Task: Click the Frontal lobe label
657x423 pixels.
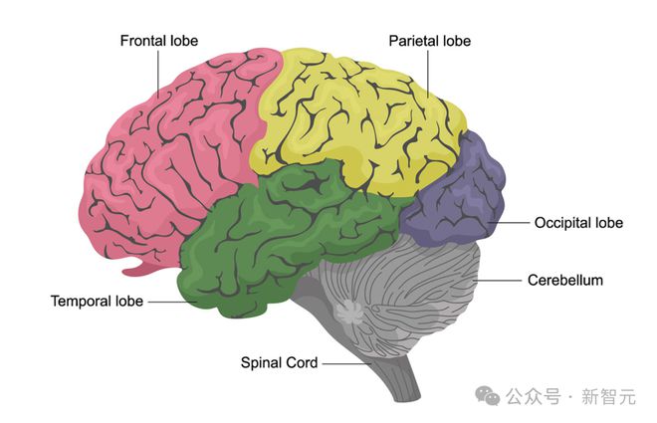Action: [159, 41]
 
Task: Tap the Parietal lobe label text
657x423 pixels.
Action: [429, 41]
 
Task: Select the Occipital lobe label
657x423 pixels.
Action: [578, 223]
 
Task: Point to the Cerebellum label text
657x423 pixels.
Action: [565, 281]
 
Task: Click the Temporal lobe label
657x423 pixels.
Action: [97, 301]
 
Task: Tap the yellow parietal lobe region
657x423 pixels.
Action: [358, 119]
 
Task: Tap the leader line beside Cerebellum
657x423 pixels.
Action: [503, 281]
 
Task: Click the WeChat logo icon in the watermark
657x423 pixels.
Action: [491, 396]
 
